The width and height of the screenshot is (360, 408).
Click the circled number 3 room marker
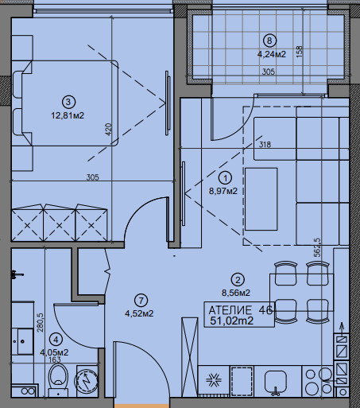point(68,102)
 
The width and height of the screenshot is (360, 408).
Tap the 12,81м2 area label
point(68,115)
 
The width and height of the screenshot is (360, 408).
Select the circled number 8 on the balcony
point(269,41)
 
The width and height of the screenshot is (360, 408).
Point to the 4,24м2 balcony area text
point(272,54)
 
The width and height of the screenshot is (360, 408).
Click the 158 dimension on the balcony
point(300,52)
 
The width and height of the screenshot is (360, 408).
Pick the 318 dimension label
point(265,145)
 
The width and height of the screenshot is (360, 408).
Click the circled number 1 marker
point(226,178)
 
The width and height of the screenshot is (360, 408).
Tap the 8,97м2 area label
point(223,191)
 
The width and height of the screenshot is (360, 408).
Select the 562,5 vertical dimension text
point(317,247)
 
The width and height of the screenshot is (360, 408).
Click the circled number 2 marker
point(238,280)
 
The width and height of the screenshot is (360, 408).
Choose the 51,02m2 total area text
point(232,321)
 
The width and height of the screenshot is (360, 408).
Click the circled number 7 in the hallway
point(141,301)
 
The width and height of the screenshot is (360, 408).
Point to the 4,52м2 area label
point(139,313)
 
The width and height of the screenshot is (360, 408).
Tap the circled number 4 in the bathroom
point(57,340)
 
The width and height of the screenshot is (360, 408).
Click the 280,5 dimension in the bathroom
point(41,323)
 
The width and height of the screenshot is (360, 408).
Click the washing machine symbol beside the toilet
point(87,381)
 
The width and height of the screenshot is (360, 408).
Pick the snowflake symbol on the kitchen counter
point(214,381)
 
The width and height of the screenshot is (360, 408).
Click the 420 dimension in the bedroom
point(108,130)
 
